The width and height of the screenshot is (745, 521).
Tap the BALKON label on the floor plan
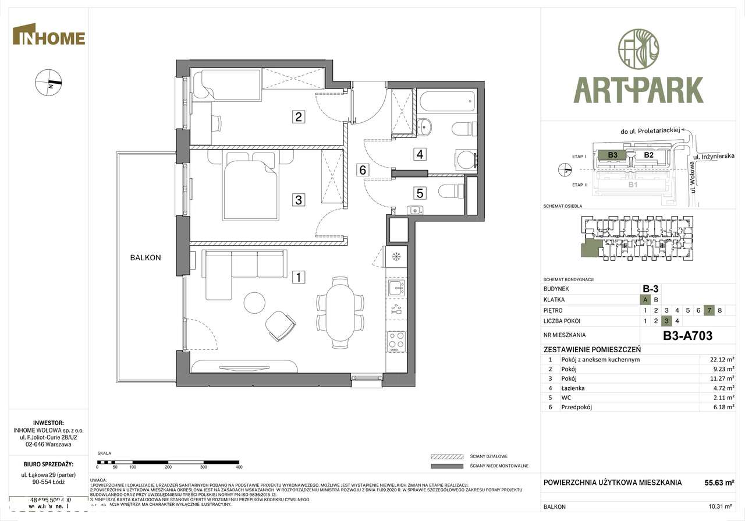(146, 257)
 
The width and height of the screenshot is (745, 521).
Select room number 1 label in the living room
(298, 278)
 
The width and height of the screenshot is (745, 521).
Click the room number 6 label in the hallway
(363, 170)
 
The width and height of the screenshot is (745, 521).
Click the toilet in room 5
(452, 191)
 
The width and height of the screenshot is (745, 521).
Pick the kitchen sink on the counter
(396, 286)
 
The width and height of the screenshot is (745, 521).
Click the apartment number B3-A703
(687, 335)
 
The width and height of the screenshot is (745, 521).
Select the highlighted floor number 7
(709, 310)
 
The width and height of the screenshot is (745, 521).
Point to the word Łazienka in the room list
(573, 388)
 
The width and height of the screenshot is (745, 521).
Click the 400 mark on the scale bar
(239, 467)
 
